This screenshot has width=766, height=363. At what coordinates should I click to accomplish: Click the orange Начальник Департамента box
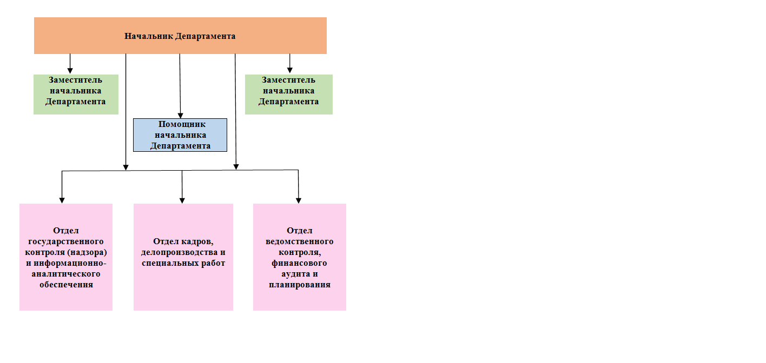pos(180,36)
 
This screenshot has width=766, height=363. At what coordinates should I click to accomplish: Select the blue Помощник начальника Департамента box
pos(180,135)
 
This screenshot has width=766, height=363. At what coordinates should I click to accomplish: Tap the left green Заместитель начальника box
pos(76,94)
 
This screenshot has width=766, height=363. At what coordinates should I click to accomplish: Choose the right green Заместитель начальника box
pos(289,94)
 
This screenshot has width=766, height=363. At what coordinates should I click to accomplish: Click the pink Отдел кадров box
pos(183,257)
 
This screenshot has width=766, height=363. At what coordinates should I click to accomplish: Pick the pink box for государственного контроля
pos(66,257)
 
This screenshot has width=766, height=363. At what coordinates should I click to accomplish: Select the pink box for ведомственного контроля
pos(300,257)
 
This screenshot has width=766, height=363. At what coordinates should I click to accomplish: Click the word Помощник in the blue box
pos(182,124)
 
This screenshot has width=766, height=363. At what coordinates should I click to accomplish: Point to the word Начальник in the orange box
pos(149,36)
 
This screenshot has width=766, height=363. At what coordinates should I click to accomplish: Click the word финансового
pos(299,263)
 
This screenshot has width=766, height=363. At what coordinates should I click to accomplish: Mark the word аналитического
pos(66,274)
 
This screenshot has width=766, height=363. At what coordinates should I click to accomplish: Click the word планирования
pos(300,285)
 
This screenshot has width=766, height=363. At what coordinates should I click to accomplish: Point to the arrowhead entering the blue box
pos(181,116)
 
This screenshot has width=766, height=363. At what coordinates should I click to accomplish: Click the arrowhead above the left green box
pos(70,71)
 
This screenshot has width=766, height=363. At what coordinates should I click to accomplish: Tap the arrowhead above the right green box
pos(289,70)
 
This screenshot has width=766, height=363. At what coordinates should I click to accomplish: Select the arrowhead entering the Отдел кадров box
pos(182,200)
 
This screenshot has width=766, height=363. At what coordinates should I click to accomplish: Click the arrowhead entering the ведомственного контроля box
pos(299,200)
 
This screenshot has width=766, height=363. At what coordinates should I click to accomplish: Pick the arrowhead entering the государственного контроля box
pos(62,200)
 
